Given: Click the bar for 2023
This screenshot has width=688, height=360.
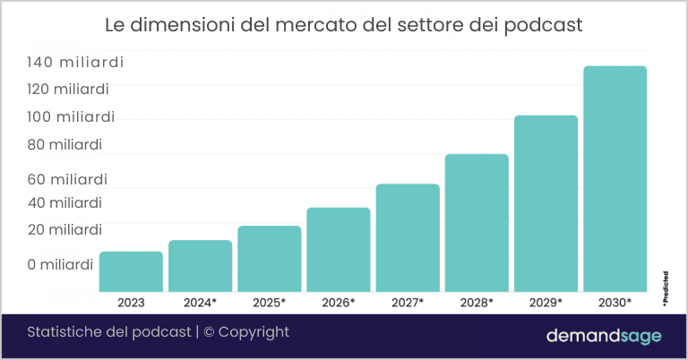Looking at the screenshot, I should (131, 271).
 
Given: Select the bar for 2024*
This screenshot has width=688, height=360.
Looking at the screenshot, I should (200, 266).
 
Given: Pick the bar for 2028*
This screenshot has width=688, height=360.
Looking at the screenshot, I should (477, 223).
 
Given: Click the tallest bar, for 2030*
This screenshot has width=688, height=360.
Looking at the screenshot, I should (615, 178).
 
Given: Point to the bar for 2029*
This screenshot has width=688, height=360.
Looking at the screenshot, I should (546, 203).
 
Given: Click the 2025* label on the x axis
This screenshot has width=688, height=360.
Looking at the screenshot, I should (269, 303).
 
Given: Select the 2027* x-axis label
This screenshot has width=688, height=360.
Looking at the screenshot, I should (408, 303).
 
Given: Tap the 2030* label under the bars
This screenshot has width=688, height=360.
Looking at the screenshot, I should (615, 303).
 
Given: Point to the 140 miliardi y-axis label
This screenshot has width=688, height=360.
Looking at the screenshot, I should (75, 63).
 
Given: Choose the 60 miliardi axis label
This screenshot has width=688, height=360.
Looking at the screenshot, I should (67, 179).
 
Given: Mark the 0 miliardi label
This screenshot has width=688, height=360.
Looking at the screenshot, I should (60, 265).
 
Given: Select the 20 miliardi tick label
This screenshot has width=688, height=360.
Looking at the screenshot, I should (64, 230).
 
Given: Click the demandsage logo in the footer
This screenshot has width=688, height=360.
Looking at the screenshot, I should (604, 336).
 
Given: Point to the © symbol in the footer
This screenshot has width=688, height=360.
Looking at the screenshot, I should (209, 332).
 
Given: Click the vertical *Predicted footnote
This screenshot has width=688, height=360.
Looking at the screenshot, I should (666, 288).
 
